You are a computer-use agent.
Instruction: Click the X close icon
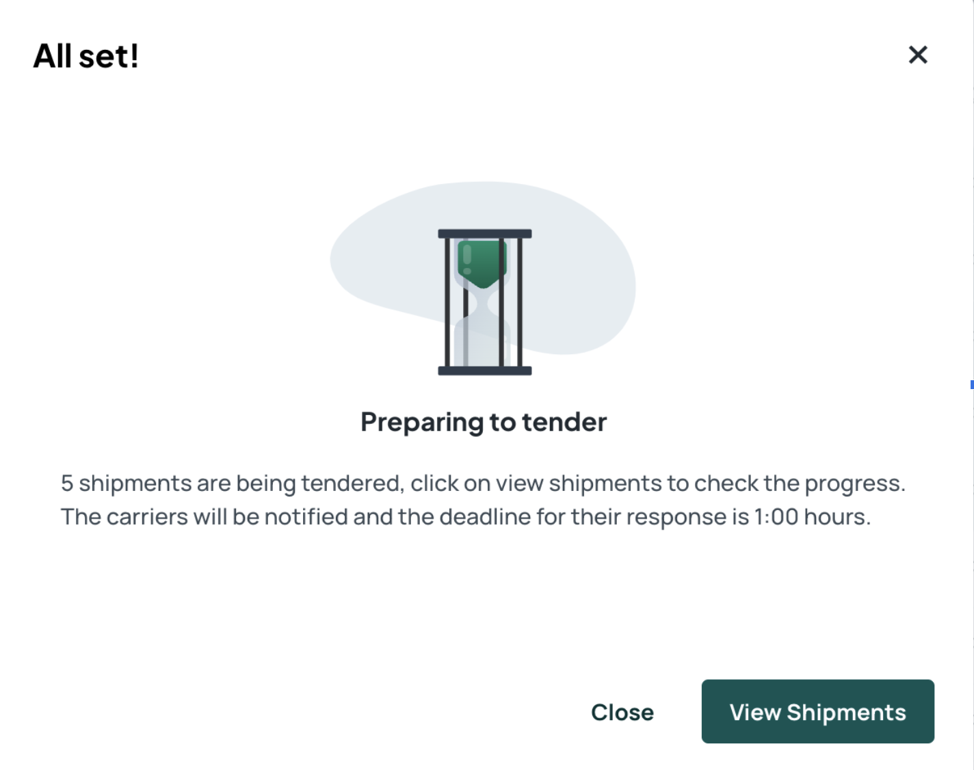coord(918,55)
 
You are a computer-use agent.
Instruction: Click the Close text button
coord(622,712)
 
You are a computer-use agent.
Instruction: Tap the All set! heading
coord(86,56)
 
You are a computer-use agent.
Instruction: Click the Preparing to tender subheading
coord(484,423)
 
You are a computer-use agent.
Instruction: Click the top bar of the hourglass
coord(485,234)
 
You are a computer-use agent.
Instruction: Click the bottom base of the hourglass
coord(485,371)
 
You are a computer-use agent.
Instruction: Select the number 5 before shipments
coord(67,483)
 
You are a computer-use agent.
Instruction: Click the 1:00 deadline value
coord(776,516)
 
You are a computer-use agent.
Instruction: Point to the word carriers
coord(147,517)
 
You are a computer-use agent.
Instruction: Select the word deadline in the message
coord(485,516)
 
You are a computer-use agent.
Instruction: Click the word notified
coord(306,516)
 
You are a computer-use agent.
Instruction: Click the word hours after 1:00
coord(837,516)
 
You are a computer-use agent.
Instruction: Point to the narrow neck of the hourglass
coord(482,302)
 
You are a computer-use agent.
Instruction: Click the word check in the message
coord(726,483)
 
